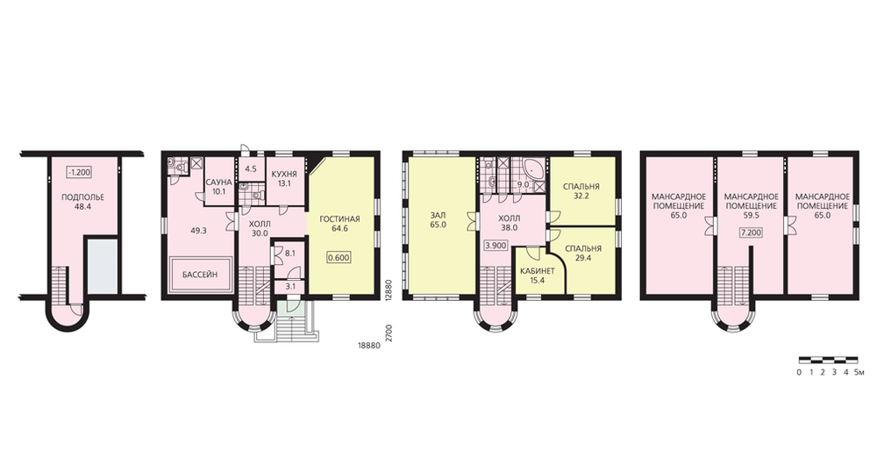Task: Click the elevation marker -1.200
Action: [79, 172]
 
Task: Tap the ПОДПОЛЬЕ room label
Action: [82, 197]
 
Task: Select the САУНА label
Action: [218, 182]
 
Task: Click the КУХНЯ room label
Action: [284, 174]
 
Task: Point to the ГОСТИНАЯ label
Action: [339, 219]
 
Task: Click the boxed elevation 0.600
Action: [339, 258]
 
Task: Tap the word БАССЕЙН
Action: [200, 275]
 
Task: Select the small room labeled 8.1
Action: [290, 253]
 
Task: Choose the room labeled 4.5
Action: [251, 168]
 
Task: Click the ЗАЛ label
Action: [438, 214]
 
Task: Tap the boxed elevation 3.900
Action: [496, 245]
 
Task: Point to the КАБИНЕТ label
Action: [538, 271]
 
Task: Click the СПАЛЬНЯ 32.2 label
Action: [581, 191]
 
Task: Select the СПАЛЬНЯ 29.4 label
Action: [583, 254]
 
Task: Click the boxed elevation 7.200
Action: [751, 232]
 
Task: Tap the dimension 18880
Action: [369, 346]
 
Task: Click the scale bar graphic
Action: [828, 360]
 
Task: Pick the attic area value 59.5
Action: [752, 214]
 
